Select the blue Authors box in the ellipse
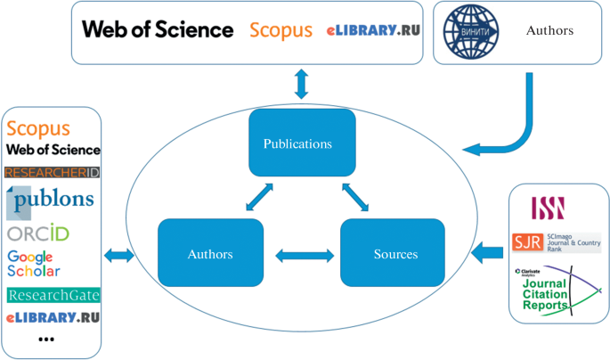[x=210, y=254]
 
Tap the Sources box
[x=395, y=254]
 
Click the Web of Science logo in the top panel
[x=158, y=29]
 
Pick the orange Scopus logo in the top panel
[x=281, y=30]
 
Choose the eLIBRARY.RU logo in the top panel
[x=373, y=30]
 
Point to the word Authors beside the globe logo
[x=549, y=31]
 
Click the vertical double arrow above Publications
[x=302, y=83]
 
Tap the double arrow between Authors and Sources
[x=304, y=256]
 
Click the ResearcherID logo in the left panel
[x=53, y=172]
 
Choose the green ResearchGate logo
[x=53, y=295]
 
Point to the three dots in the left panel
[x=46, y=340]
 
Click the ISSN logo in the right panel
[x=549, y=207]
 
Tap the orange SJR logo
[x=523, y=242]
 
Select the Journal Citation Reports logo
[x=552, y=290]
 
